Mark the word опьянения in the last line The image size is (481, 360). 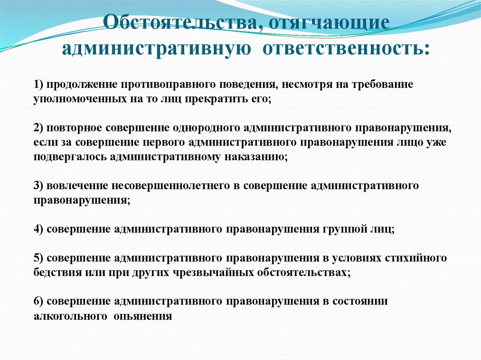pyautogui.click(x=143, y=315)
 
